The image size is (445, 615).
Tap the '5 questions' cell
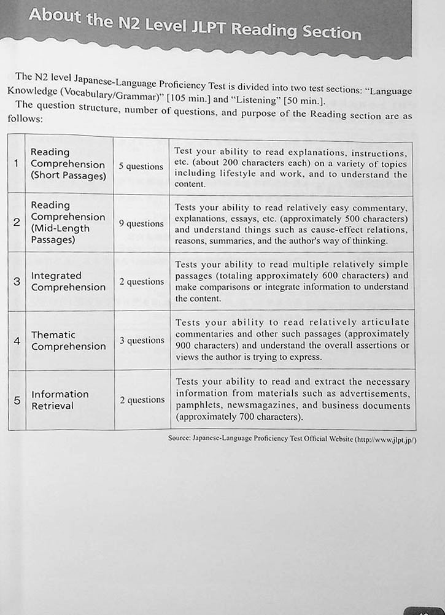click(x=141, y=166)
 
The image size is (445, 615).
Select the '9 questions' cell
click(x=141, y=224)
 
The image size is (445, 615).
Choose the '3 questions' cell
click(x=142, y=341)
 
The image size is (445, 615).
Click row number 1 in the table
click(x=16, y=163)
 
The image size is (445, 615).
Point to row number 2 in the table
click(x=17, y=222)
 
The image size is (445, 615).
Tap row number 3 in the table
click(x=17, y=281)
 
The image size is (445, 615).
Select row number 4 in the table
click(x=17, y=340)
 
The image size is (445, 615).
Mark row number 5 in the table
click(x=17, y=400)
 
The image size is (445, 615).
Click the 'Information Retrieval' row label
click(x=60, y=400)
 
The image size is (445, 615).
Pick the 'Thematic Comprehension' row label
click(x=68, y=341)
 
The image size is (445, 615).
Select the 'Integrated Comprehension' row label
click(x=68, y=281)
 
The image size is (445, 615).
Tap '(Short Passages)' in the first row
click(x=68, y=176)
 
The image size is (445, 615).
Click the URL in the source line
click(x=387, y=439)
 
